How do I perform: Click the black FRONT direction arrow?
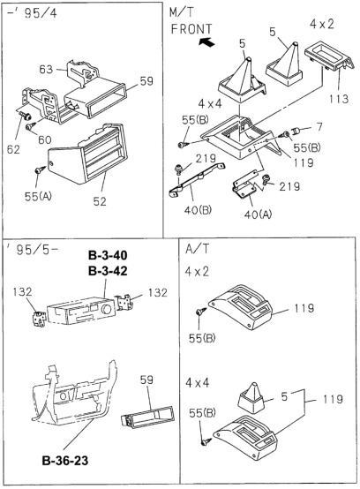207,41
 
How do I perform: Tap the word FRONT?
191,29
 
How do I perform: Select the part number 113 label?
339,99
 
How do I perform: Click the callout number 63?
46,69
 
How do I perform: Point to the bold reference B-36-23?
65,460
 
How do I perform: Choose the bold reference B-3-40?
108,255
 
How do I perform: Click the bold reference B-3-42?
108,271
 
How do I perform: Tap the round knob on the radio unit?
107,309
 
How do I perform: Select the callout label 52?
100,201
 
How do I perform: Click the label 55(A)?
38,197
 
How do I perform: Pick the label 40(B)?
198,210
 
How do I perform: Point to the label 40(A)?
258,214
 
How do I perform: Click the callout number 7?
319,127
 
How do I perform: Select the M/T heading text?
182,12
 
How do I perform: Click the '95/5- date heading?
32,250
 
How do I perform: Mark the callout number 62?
13,149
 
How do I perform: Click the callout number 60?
45,139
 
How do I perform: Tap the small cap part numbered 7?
296,131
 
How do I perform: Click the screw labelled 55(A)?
40,170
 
